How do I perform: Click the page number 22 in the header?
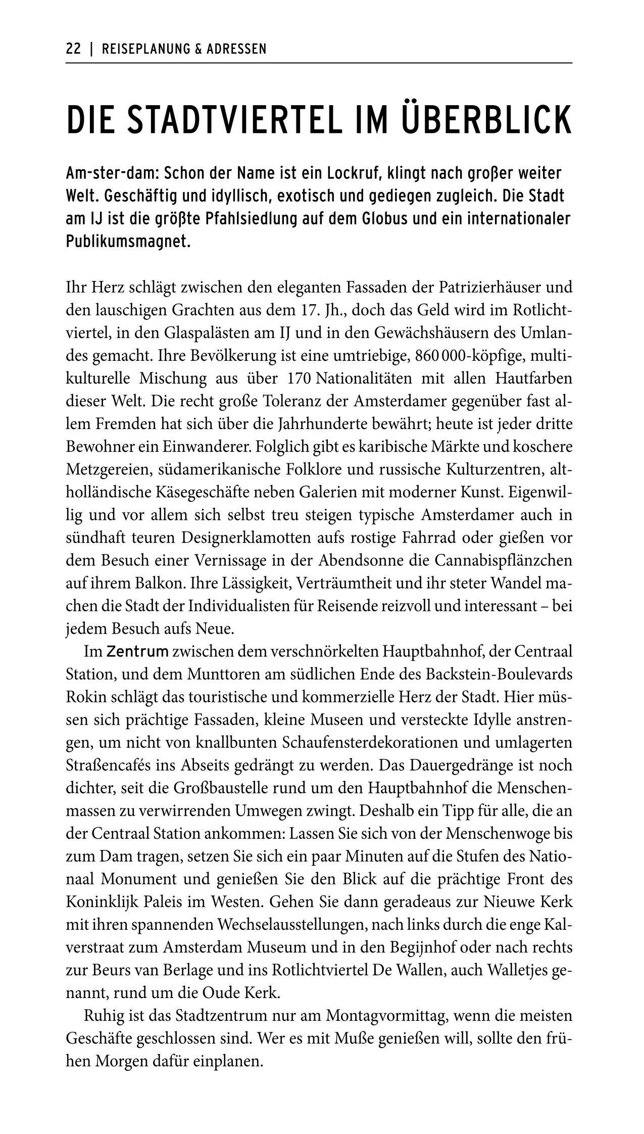73,49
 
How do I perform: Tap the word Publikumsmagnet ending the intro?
128,242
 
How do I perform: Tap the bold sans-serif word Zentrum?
137,652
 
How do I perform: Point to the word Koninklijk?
97,902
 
